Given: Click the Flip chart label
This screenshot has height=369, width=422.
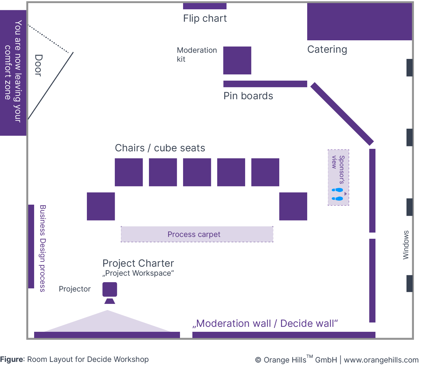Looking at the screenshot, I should (205, 19).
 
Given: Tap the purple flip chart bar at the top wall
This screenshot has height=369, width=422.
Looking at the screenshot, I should (204, 6).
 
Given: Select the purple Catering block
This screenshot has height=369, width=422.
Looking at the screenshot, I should (359, 22).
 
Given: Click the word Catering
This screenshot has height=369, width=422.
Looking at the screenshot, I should (327, 50).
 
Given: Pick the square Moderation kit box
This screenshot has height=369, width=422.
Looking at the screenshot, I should (237, 60).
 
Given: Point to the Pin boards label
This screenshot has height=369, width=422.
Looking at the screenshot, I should (248, 96).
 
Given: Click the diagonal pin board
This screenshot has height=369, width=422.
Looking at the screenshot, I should (342, 114).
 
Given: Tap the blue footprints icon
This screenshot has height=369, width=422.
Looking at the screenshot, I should (337, 194).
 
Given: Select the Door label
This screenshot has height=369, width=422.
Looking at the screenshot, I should (38, 65).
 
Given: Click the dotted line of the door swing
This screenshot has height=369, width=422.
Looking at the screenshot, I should (48, 39).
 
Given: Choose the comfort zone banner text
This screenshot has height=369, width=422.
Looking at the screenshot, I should (13, 71).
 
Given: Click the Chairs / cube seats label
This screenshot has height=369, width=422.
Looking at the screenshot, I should (160, 148).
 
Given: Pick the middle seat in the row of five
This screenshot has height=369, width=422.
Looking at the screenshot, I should (197, 172).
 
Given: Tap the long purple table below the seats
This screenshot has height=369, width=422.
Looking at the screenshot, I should (197, 234).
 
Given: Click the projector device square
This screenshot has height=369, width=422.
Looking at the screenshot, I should (110, 289).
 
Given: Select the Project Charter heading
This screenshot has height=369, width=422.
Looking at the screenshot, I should (138, 263).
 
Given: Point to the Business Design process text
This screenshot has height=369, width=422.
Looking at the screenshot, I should (43, 248).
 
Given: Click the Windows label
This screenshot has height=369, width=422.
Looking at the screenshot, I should (406, 245).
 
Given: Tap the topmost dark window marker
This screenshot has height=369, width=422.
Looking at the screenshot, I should (410, 68).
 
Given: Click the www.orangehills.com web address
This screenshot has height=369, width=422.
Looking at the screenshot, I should (381, 360).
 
